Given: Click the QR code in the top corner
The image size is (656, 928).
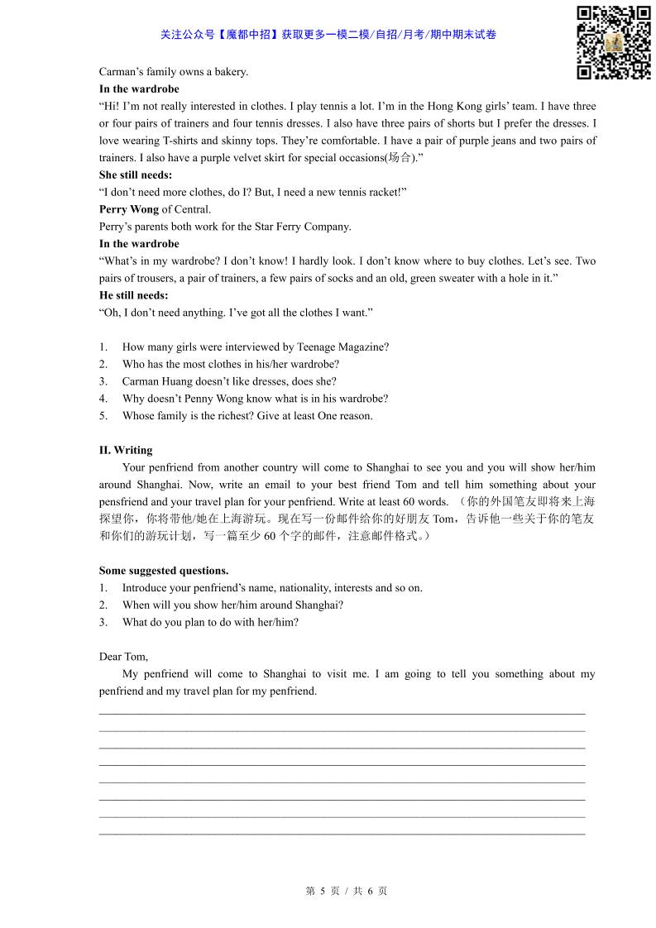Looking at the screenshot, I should [613, 42].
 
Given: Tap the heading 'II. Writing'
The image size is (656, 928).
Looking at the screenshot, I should [126, 450].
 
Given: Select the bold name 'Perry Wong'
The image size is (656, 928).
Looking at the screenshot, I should [129, 209].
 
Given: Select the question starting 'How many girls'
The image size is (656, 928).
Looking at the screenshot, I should [255, 347].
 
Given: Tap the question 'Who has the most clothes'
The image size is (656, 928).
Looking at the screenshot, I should [230, 364].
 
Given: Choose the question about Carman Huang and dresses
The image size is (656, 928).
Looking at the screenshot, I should [228, 381].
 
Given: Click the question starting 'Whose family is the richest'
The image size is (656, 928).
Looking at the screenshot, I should [247, 416].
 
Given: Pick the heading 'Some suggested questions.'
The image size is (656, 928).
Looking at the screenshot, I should [164, 571].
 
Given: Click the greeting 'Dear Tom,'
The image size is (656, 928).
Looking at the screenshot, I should [123, 657].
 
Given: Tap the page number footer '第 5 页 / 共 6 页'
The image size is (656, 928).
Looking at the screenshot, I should [347, 891].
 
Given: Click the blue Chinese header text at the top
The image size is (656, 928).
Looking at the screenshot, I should [328, 35].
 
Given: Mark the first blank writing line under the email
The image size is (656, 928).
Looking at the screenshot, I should [342, 712].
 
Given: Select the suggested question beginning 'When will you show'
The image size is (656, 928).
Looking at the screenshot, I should [232, 605].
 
